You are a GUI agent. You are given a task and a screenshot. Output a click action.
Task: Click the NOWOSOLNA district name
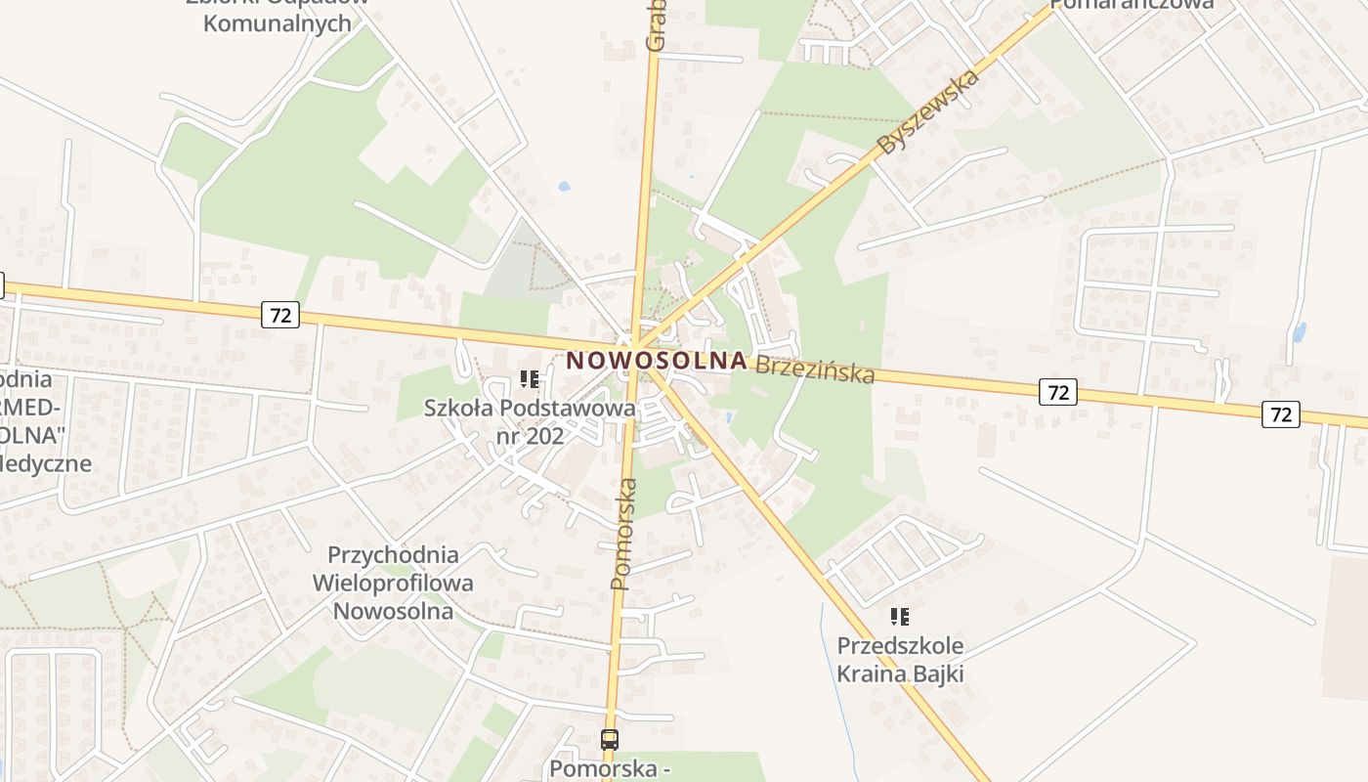pyautogui.click(x=657, y=360)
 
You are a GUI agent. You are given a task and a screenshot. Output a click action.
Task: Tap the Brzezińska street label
pyautogui.click(x=815, y=369)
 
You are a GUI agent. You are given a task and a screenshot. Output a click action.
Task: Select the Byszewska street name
pyautogui.click(x=928, y=112)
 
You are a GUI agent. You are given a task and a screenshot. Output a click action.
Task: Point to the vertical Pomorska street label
pyautogui.click(x=623, y=534)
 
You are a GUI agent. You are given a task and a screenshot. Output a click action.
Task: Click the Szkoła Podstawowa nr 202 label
pyautogui.click(x=530, y=421)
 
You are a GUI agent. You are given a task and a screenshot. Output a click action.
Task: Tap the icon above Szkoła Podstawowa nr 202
pyautogui.click(x=530, y=379)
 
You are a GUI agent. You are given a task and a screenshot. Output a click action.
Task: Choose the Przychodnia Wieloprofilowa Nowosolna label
pyautogui.click(x=393, y=583)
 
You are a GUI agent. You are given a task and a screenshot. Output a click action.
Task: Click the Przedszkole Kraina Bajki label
pyautogui.click(x=900, y=660)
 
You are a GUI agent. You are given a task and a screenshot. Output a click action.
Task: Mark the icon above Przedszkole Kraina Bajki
pyautogui.click(x=900, y=617)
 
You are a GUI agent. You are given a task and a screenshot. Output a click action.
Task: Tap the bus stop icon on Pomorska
pyautogui.click(x=610, y=740)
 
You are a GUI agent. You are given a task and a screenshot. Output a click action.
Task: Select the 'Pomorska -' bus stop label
pyautogui.click(x=609, y=768)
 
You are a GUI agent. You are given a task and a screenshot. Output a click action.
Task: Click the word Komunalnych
pyautogui.click(x=278, y=23)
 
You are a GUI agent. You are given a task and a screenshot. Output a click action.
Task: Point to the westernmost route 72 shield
pyautogui.click(x=280, y=315)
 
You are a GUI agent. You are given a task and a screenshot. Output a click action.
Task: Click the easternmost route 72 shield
pyautogui.click(x=1281, y=414)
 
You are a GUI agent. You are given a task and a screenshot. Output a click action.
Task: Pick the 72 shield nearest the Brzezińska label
pyautogui.click(x=1058, y=393)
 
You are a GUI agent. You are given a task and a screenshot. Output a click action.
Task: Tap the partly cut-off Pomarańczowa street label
pyautogui.click(x=1133, y=5)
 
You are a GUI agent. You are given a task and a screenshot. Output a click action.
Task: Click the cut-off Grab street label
pyautogui.click(x=655, y=24)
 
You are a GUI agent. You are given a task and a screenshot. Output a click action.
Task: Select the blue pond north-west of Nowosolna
pyautogui.click(x=563, y=186)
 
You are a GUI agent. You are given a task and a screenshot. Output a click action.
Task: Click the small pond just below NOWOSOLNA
pyautogui.click(x=730, y=418)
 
